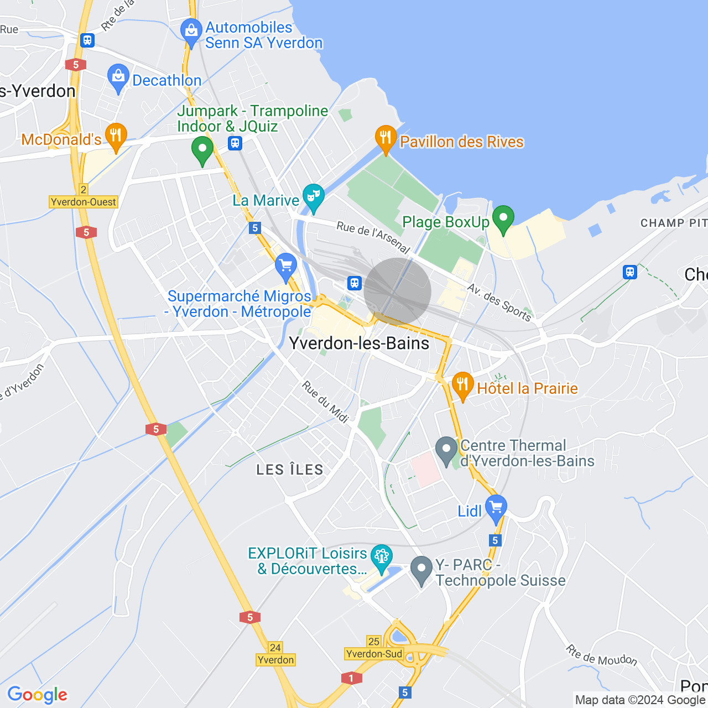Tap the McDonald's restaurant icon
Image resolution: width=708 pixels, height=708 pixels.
(116, 137)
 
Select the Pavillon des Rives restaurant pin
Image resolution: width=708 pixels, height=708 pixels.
(386, 139)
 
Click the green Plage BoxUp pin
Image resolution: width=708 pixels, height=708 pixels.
(503, 219)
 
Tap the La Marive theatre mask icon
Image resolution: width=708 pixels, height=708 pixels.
(314, 198)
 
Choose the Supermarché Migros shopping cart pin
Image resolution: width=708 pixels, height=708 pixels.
(286, 267)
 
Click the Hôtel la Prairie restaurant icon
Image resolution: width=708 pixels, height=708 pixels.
(462, 386)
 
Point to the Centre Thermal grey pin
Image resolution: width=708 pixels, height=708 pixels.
(446, 450)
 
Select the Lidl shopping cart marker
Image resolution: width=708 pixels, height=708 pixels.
(496, 508)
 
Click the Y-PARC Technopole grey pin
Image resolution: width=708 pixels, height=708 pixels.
(421, 570)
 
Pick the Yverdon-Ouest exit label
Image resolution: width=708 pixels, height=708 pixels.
(84, 202)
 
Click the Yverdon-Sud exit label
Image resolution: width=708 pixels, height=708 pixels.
(374, 654)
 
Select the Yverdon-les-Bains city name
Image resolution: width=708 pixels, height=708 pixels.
(360, 343)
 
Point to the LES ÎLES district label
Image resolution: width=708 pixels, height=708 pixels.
(290, 470)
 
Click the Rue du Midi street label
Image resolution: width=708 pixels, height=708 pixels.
(325, 402)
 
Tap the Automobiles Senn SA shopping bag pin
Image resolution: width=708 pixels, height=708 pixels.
(191, 32)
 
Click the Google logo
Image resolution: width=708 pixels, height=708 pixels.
(38, 695)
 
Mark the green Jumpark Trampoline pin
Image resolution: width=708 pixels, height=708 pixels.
(202, 150)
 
